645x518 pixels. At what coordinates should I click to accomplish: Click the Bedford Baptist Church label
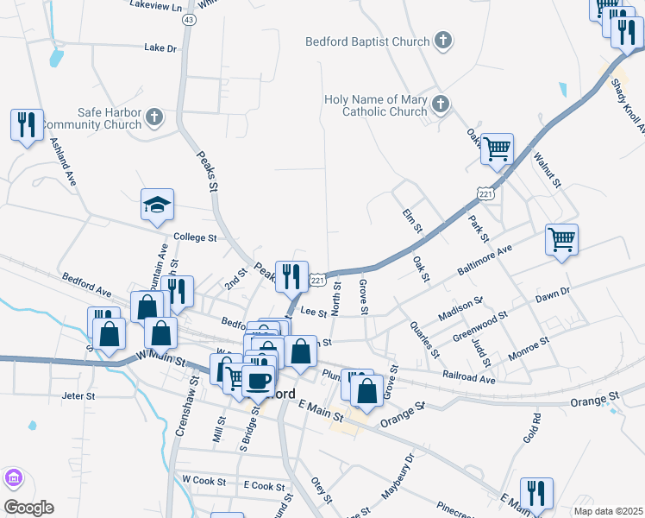coord(367,41)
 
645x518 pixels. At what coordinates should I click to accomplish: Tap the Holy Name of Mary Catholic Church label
coord(375,105)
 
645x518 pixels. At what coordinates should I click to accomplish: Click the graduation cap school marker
coord(158,205)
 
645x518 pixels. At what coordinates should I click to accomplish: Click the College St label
coord(192,237)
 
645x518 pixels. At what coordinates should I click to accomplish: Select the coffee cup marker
coord(258,380)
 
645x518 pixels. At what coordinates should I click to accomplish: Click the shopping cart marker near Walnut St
coord(497,149)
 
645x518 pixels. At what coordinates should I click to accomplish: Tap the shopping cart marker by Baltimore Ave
coord(561,239)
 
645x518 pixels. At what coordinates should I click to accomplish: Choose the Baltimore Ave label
coord(485,258)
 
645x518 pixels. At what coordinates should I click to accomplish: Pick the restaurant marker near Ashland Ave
coord(28,125)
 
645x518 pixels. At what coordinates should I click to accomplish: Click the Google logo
coord(28,507)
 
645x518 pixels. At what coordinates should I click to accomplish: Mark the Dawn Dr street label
coord(553,294)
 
